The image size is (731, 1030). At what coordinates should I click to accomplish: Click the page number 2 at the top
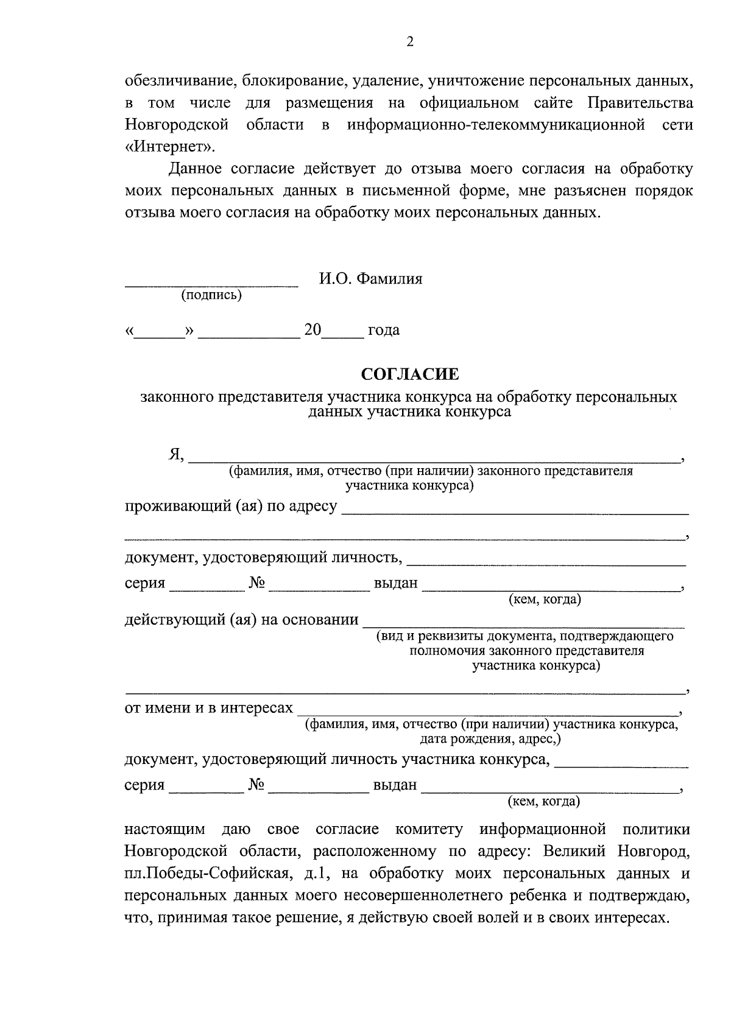pos(409,42)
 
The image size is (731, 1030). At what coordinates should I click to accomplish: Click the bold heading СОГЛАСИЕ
pos(409,374)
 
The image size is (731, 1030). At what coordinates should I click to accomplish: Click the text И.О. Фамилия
pos(370,279)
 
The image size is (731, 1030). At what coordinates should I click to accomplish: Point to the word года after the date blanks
pos(384,331)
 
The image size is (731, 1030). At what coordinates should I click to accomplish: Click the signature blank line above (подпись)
pos(211,284)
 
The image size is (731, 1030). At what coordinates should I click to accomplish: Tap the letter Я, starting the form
pos(176,455)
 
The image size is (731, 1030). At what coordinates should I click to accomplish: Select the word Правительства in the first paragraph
pos(640,102)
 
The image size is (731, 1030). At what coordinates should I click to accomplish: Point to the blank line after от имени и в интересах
pos(487,712)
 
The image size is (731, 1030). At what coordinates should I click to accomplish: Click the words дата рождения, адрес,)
pos(490,739)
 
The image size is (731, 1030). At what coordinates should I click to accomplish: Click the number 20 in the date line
pos(313,330)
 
